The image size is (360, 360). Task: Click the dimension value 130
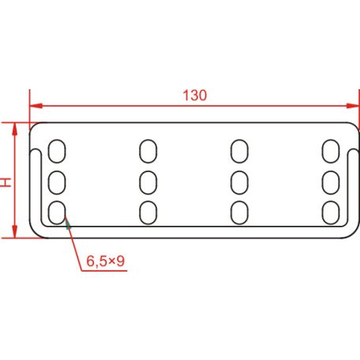point(193,96)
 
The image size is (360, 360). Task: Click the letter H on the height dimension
point(6,181)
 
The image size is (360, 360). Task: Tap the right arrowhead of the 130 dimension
point(345,106)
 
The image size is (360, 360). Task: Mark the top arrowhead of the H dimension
point(14,129)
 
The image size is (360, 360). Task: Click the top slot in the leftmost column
point(57,150)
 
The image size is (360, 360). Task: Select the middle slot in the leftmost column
point(57,182)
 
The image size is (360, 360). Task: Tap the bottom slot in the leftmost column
point(57,212)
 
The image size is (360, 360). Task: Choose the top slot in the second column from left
point(148,150)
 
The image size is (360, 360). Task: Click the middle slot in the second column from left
point(148,182)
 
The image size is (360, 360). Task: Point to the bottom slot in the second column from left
point(148,212)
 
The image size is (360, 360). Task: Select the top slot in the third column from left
point(240,150)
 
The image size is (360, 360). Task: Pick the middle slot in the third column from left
point(240,182)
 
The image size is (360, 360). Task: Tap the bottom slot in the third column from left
point(240,212)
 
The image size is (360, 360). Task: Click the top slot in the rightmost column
point(330,150)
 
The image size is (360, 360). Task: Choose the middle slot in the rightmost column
point(330,182)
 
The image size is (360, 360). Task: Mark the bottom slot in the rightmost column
point(330,212)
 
